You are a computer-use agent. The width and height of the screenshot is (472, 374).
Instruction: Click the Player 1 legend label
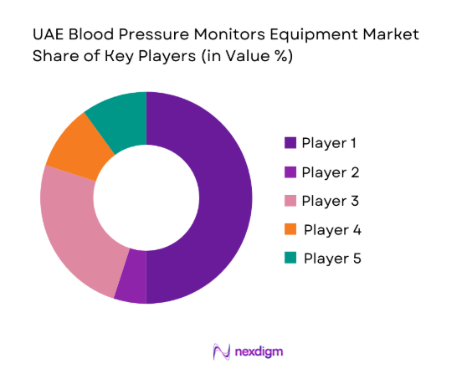point(329,143)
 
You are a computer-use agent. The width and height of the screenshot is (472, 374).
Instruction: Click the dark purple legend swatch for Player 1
point(290,143)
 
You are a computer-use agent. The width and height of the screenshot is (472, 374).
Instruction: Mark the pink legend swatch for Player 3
point(290,201)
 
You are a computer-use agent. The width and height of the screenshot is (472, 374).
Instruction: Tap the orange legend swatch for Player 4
point(290,229)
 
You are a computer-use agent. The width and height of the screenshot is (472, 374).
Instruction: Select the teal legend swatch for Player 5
point(290,258)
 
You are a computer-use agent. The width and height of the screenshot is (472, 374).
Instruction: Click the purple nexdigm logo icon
point(222,351)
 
